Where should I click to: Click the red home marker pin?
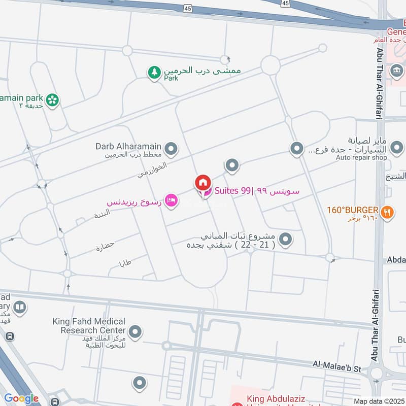[202, 183]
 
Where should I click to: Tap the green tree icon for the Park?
[154, 73]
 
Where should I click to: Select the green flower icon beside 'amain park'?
[51, 100]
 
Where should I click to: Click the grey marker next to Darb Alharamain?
[172, 149]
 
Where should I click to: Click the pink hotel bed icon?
[172, 201]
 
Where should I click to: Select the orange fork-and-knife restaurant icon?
[387, 213]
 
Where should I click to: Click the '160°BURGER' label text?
[352, 210]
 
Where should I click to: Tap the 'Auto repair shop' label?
[361, 158]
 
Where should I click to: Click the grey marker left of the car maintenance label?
[296, 149]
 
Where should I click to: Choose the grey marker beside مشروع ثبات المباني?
[286, 239]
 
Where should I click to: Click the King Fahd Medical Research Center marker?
[135, 333]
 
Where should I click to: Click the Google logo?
[21, 398]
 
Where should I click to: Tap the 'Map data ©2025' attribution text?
[378, 401]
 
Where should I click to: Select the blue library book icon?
[20, 307]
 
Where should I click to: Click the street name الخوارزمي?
[151, 170]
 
